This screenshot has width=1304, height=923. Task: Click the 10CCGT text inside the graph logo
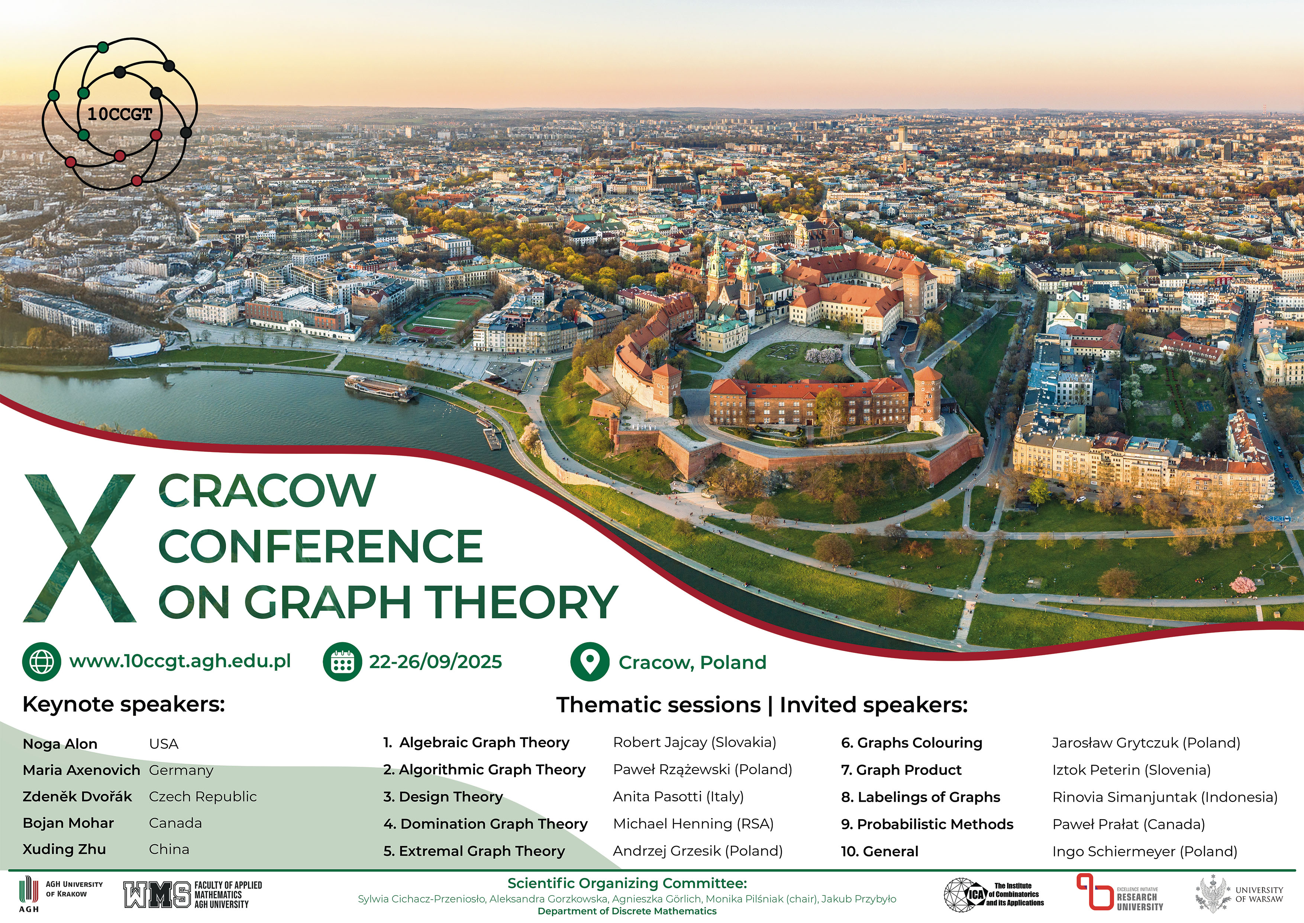click(120, 114)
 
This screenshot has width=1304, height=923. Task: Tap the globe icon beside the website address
click(42, 661)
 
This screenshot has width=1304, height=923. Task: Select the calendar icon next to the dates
click(342, 661)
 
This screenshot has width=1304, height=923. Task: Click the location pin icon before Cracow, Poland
click(590, 661)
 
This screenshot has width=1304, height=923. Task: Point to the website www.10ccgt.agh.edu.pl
click(180, 661)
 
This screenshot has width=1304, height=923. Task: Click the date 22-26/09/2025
click(436, 661)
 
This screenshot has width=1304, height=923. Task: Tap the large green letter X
click(80, 548)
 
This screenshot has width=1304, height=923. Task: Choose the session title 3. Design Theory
click(443, 797)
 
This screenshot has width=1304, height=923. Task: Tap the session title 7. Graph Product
click(901, 770)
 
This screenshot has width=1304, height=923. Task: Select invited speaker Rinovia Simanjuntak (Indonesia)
click(1165, 797)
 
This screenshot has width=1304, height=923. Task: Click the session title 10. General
click(880, 852)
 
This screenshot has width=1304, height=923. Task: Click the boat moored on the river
click(381, 389)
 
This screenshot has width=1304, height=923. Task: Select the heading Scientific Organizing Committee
click(627, 883)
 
